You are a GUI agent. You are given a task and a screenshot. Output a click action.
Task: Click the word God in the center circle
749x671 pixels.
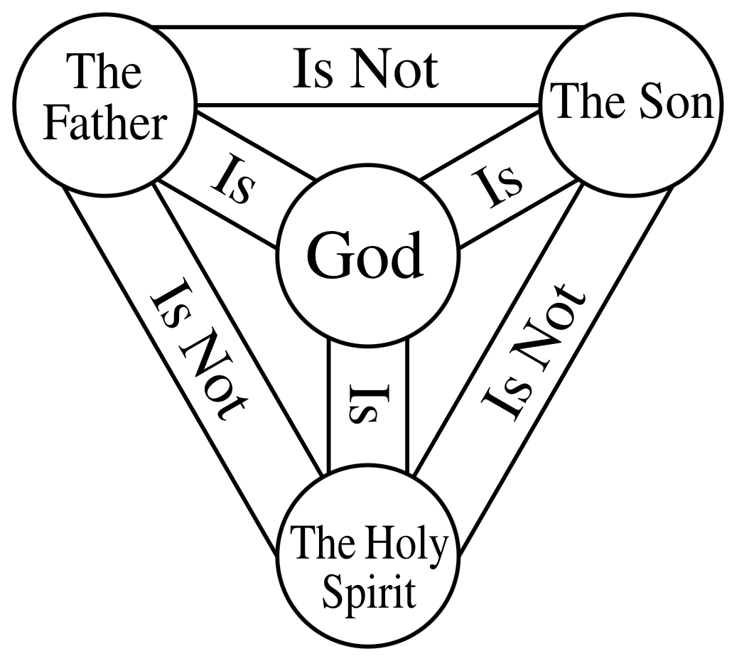367,256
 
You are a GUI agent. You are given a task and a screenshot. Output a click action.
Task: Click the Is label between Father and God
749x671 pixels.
232,180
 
